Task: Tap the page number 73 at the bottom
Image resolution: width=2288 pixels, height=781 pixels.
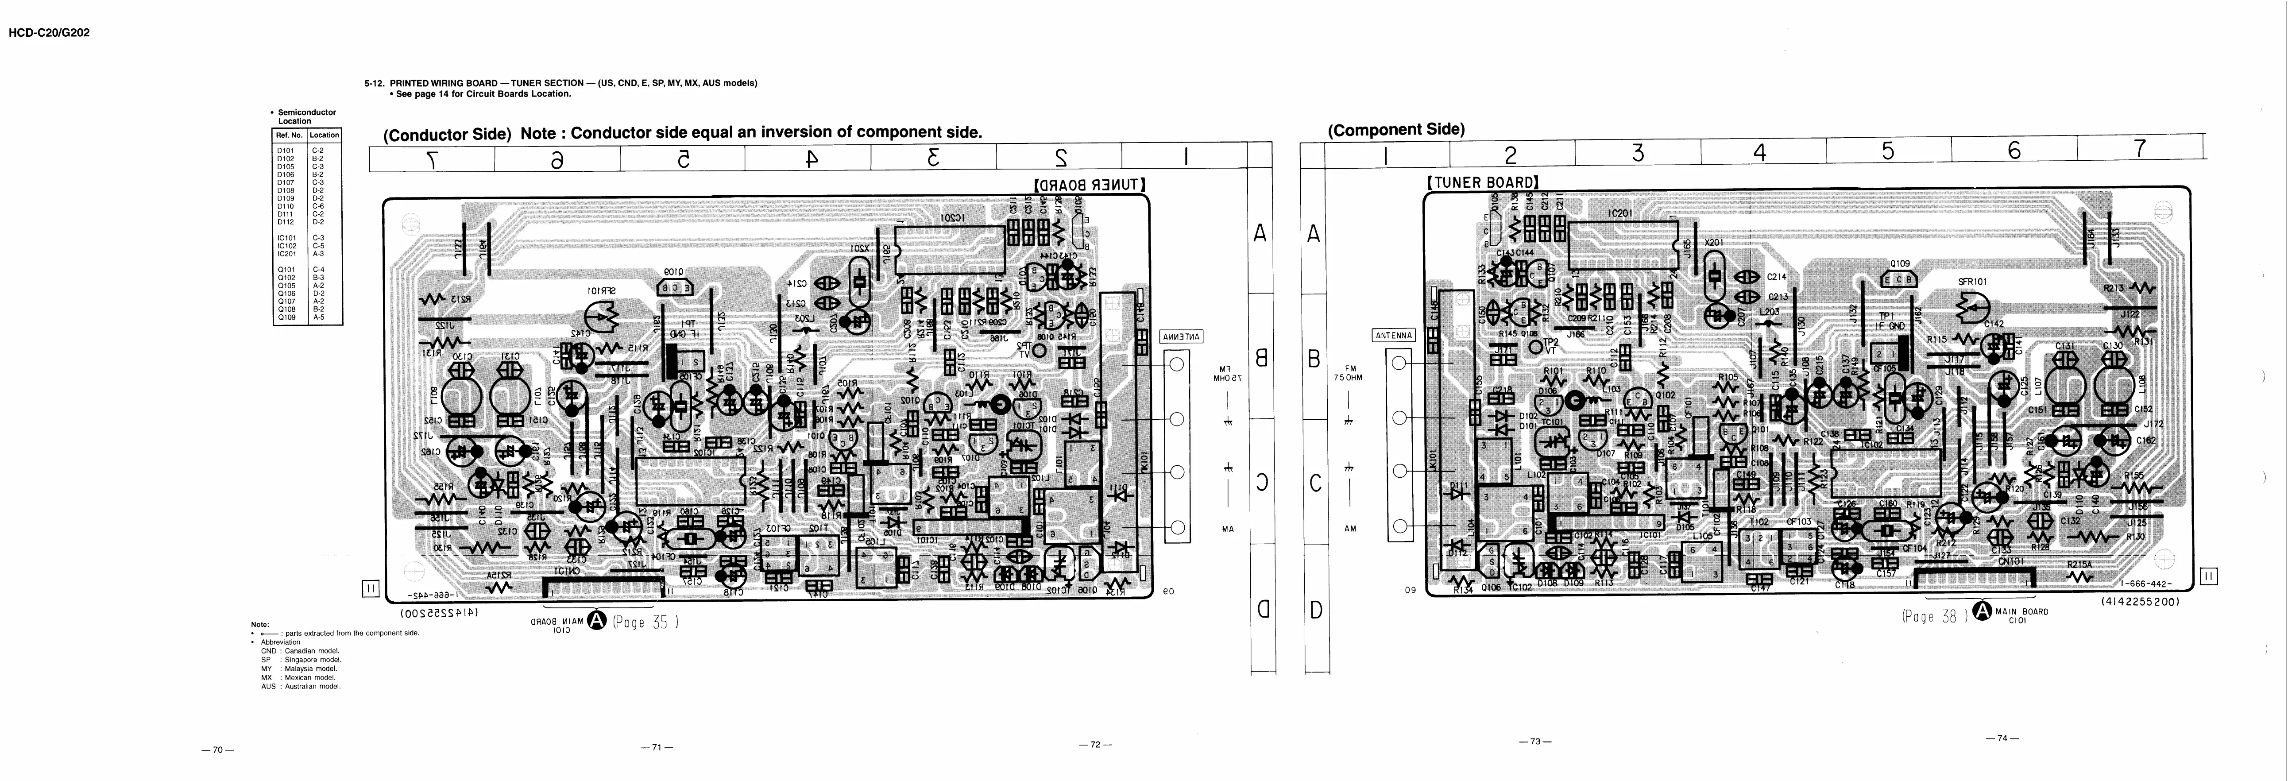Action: [x=1535, y=740]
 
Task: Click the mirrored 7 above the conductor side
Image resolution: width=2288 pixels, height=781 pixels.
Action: [x=432, y=160]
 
